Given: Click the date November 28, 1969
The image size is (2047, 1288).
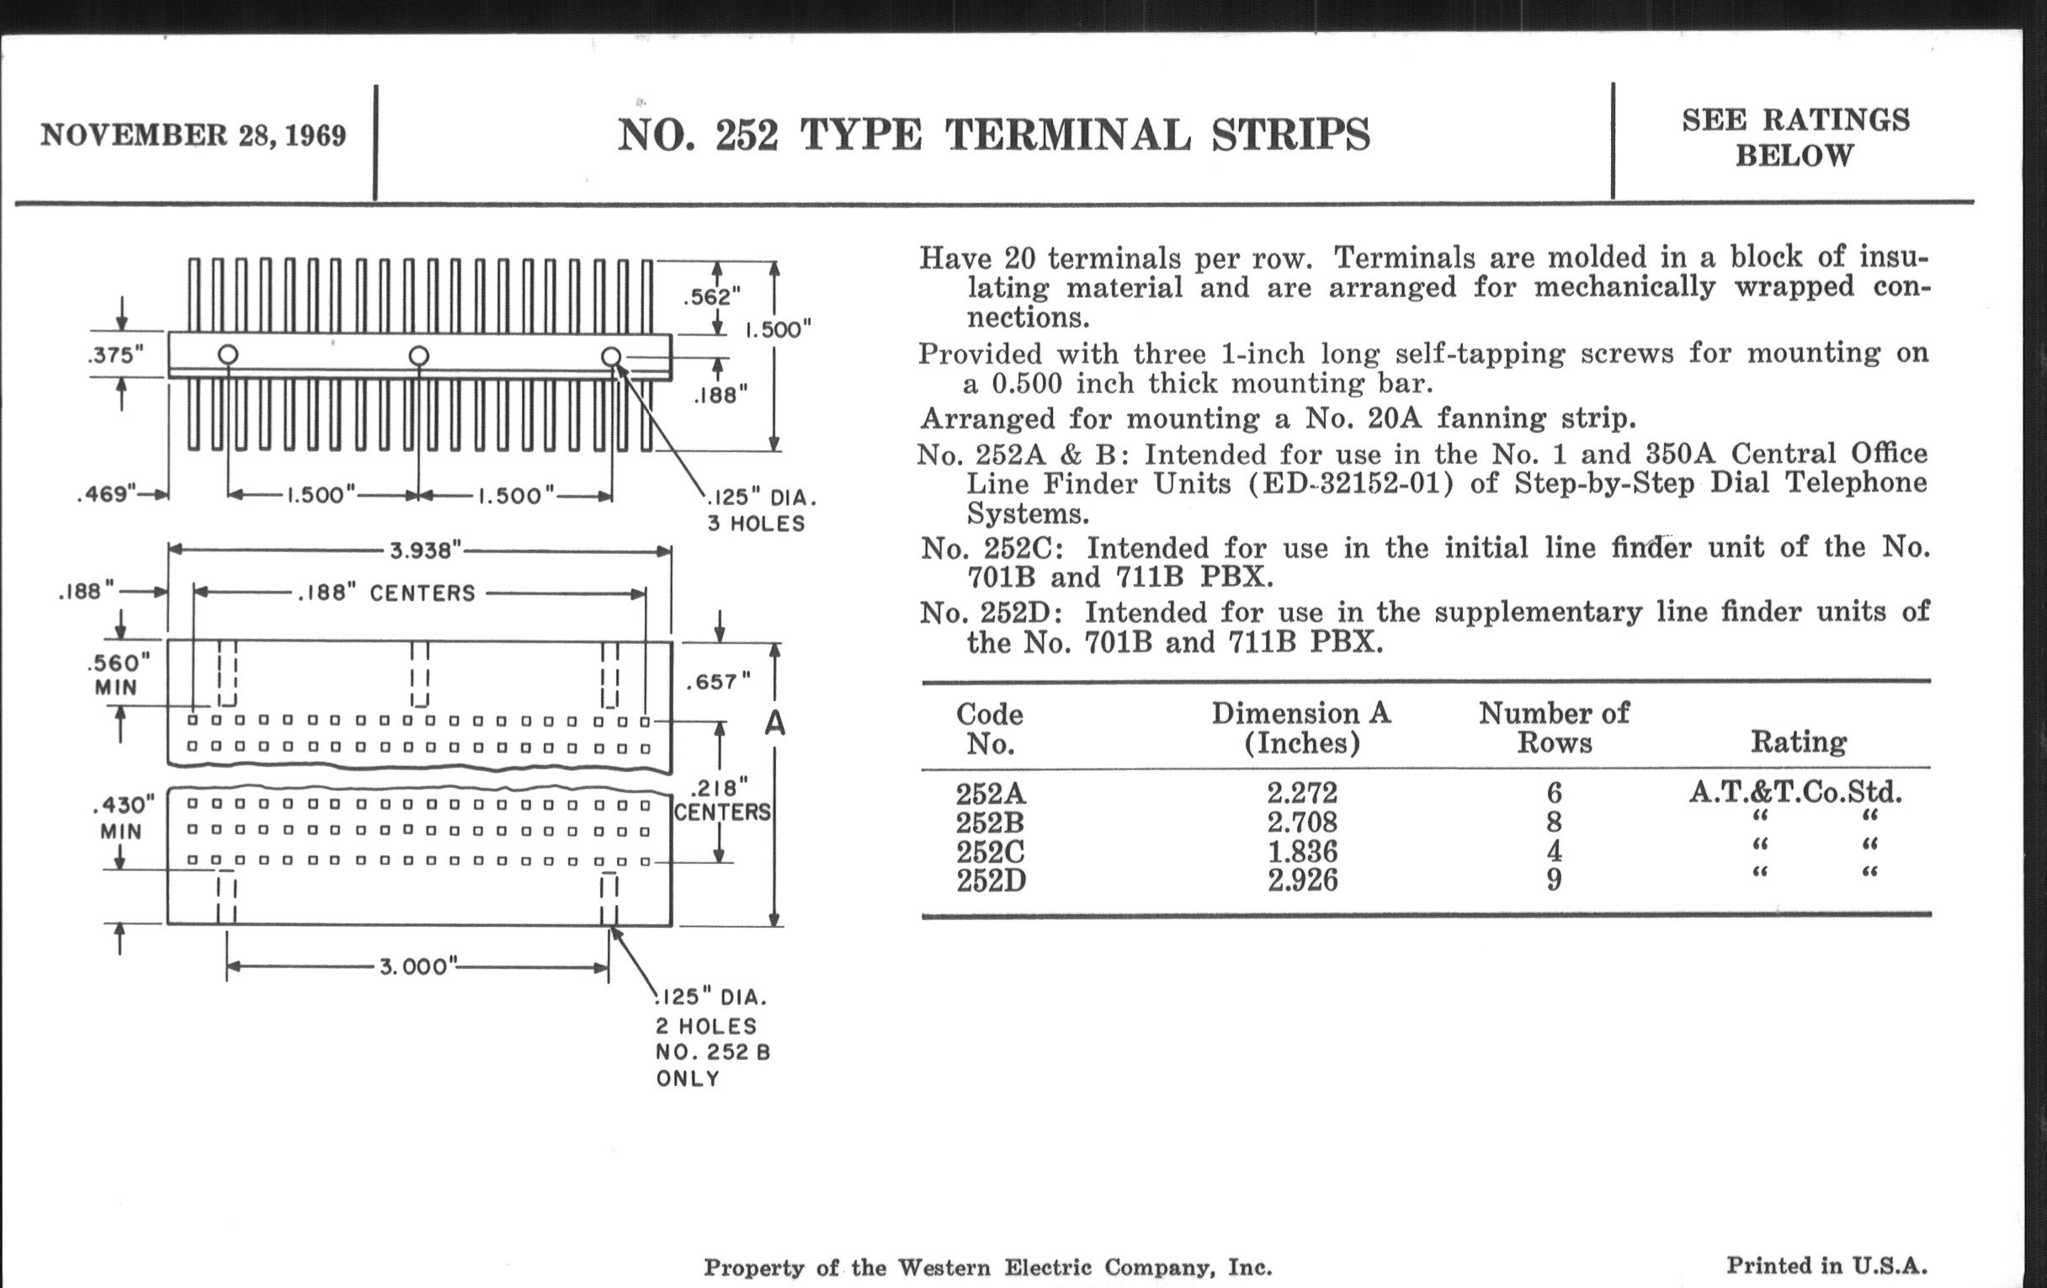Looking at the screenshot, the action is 193,136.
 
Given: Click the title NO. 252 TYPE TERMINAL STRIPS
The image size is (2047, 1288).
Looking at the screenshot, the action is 994,136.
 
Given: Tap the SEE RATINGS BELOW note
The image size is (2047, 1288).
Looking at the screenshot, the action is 1795,138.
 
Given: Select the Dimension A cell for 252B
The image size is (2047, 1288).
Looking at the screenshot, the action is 1302,822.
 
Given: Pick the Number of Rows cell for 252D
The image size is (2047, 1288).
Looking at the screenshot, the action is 1554,879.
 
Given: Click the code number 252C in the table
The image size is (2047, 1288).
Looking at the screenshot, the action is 992,851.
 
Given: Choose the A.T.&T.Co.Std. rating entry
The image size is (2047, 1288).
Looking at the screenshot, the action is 1795,792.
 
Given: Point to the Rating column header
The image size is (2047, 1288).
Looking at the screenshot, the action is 1799,742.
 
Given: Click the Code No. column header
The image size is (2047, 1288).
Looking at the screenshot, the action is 991,728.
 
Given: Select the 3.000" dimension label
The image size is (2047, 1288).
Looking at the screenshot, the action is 418,966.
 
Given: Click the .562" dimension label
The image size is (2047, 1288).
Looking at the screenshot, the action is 712,296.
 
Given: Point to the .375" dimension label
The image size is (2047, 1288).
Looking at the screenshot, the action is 115,354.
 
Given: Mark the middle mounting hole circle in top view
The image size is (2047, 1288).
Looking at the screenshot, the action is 418,355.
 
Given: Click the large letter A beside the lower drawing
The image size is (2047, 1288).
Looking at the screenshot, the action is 774,723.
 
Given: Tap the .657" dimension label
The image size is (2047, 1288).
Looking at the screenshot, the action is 719,682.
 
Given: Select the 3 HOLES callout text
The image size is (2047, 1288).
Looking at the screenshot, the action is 757,524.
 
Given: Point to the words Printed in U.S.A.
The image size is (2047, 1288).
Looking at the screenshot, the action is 1826,1265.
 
